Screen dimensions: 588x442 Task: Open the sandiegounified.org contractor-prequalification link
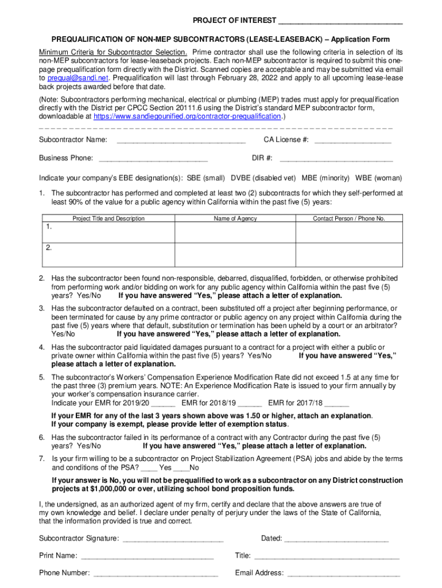click(187, 115)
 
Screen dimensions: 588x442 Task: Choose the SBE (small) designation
click(206, 178)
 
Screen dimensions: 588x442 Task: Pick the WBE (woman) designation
click(378, 178)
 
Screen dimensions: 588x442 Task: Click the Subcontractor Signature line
click(173, 539)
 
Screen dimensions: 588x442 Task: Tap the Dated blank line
click(336, 539)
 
